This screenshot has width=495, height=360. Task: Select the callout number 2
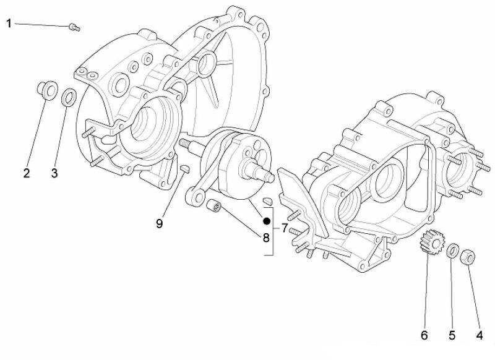(27, 173)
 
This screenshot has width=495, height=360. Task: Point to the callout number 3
(54, 173)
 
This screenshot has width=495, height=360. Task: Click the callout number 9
(159, 223)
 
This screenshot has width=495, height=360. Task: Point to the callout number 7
(285, 228)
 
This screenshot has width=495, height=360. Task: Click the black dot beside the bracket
(266, 221)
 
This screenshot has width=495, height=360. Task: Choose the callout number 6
(424, 335)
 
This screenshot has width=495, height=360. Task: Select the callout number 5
(452, 335)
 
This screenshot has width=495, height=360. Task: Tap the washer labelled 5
(453, 251)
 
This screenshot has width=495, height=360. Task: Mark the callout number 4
(479, 335)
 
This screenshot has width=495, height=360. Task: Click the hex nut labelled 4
(468, 254)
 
